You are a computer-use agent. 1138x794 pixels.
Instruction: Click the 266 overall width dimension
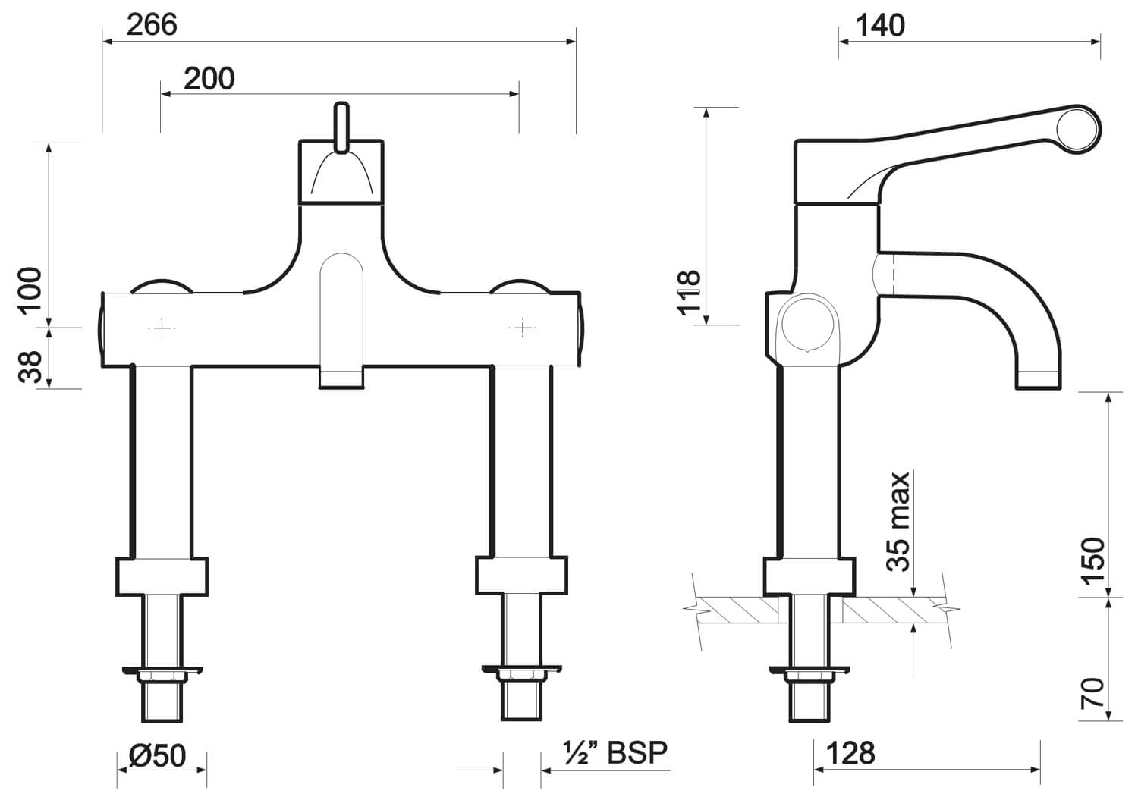click(152, 25)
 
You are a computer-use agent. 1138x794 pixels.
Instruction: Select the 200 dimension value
click(209, 78)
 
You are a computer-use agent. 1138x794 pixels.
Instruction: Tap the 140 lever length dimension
click(880, 26)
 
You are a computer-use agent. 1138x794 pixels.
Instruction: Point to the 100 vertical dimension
click(30, 290)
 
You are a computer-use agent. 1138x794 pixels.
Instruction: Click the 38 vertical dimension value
click(30, 368)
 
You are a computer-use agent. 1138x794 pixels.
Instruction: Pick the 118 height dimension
click(688, 293)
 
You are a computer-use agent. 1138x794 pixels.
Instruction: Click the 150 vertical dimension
click(1092, 560)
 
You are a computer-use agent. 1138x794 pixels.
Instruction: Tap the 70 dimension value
click(1092, 694)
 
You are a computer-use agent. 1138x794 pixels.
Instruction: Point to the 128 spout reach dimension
click(850, 753)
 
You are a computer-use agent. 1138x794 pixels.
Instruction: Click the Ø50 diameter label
click(157, 755)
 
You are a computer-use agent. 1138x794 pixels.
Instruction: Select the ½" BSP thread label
click(615, 752)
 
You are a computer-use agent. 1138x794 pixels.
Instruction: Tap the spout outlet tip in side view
click(1038, 381)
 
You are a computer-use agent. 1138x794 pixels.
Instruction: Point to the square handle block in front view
click(341, 171)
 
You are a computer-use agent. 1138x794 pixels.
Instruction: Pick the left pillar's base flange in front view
click(161, 576)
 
